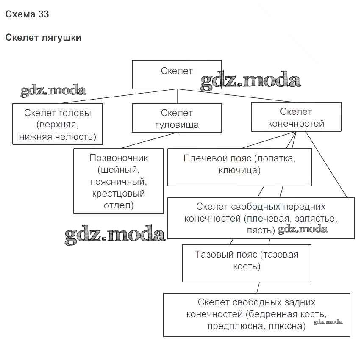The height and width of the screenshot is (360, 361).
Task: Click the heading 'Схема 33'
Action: pos(27,14)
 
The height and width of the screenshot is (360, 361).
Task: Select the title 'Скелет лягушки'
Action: pos(43,38)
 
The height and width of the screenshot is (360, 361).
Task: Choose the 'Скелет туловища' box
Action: pos(177,119)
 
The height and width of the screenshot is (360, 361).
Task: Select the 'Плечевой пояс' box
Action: pos(239,164)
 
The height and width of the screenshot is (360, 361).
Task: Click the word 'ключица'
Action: pos(239,170)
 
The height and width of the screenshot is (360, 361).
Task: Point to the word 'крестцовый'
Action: pos(118,194)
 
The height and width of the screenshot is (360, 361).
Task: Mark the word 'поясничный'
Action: pos(118,182)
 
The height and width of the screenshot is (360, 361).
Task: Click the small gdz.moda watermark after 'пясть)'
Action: pos(303,229)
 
